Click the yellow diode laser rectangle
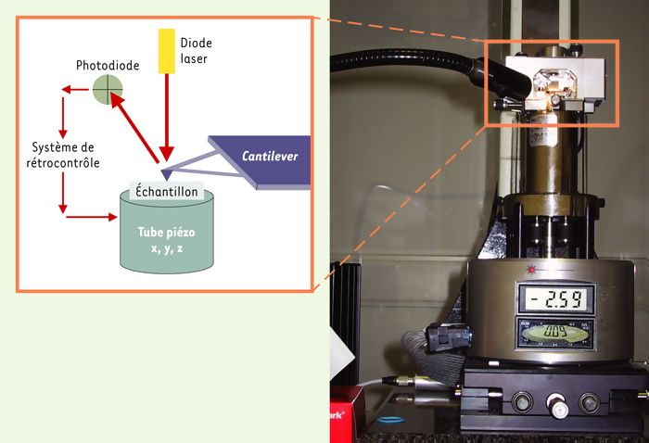click(166, 50)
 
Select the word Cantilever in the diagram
click(270, 155)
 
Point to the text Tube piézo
click(167, 233)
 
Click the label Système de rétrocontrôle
click(61, 155)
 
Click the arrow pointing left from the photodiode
click(74, 90)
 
